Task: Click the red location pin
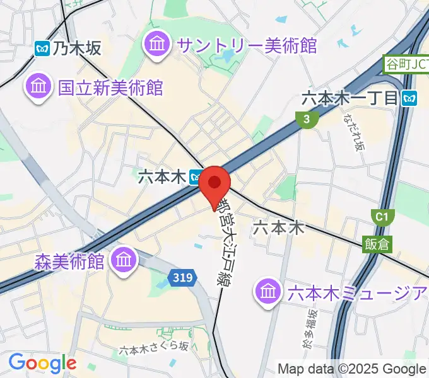215,183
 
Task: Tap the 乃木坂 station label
77,48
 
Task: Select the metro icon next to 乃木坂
43,48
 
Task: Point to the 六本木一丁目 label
350,98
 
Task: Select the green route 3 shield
306,119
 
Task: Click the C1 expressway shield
381,217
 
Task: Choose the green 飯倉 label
377,244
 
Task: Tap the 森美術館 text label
70,261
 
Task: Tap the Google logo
42,364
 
